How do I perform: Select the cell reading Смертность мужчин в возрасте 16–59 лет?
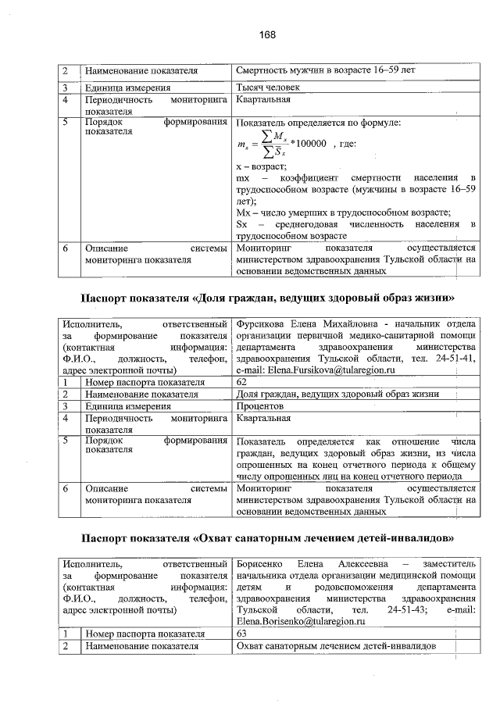(x=325, y=71)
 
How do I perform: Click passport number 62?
(x=241, y=383)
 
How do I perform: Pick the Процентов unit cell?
(x=261, y=406)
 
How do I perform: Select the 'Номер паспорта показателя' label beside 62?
(x=145, y=383)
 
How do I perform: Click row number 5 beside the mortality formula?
(x=67, y=123)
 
